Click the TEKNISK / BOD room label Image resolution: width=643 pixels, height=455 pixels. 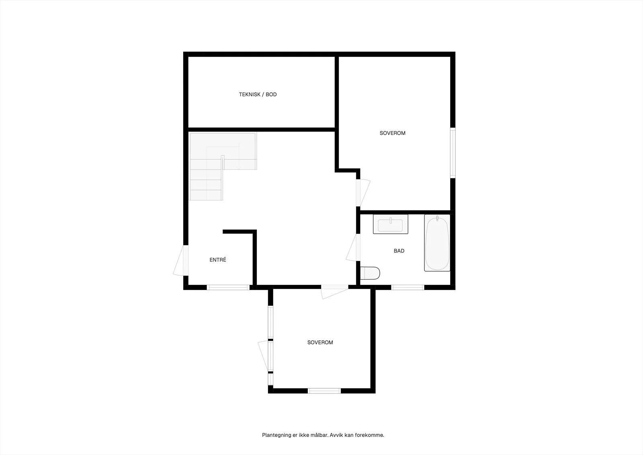258,94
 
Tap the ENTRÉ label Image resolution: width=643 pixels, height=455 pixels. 218,260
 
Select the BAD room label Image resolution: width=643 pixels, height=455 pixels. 399,251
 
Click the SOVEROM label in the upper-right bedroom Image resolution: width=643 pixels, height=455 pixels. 392,133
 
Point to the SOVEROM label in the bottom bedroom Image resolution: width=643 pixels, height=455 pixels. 320,342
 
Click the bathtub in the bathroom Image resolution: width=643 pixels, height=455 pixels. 437,243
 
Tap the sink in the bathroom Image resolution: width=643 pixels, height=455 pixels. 390,224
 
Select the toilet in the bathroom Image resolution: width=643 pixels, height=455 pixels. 370,273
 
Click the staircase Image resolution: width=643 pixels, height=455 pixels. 223,166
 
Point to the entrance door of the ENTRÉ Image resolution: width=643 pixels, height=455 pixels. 181,260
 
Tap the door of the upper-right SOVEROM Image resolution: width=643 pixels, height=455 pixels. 363,193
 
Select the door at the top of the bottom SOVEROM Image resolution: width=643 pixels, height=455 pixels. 335,292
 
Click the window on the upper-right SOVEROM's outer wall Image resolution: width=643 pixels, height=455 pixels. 453,152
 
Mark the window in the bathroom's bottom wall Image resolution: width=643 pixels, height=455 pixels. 408,287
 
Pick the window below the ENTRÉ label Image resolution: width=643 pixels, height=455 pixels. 228,287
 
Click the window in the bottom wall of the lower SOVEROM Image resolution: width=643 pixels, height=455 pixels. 324,391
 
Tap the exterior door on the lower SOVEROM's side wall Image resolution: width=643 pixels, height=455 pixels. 266,356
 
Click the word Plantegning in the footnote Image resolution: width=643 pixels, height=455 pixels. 276,435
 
